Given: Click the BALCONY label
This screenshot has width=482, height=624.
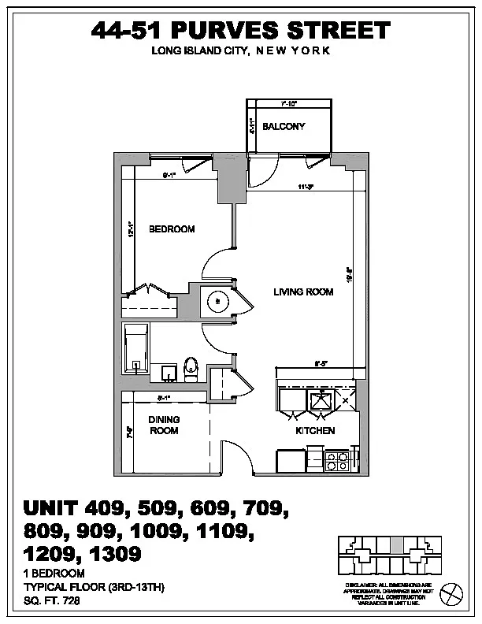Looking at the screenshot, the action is tap(284, 127).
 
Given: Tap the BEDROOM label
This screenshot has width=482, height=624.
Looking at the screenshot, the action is tap(172, 229).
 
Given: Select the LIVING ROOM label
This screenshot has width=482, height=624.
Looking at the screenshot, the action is tap(303, 292).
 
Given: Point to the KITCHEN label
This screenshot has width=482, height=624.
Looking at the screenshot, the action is tap(315, 431).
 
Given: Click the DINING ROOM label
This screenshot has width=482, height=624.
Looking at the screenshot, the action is tap(164, 425).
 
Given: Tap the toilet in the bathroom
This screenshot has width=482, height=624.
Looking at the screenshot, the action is tap(190, 369).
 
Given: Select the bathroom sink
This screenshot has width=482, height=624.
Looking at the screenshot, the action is tap(168, 371).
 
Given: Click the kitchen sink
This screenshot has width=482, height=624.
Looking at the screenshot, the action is tap(321, 400).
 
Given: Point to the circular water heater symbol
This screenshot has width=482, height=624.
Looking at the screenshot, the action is tap(217, 300).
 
